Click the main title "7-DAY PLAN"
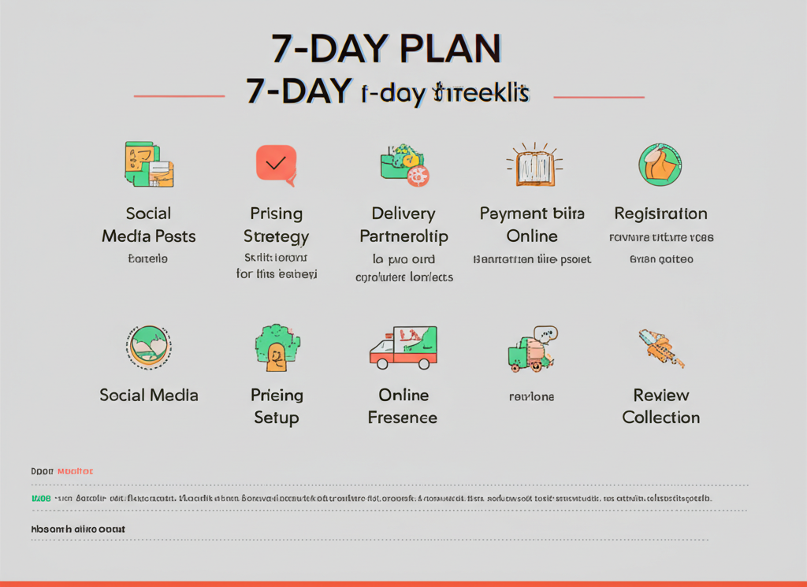(x=386, y=49)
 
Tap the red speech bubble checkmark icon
(x=276, y=165)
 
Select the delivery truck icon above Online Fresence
(x=403, y=347)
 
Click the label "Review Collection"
(x=660, y=406)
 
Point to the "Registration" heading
(x=660, y=214)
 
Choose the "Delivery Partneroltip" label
(x=403, y=225)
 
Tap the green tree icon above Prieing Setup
(x=277, y=347)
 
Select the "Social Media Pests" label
(x=148, y=225)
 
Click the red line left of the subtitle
(x=179, y=96)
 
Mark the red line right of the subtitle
(x=599, y=97)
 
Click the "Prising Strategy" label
(x=276, y=225)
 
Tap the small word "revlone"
(x=531, y=396)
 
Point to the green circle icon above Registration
(x=660, y=165)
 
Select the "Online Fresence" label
(x=403, y=406)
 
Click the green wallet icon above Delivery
(x=403, y=164)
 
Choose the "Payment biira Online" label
(x=531, y=225)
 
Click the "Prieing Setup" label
(x=277, y=406)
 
